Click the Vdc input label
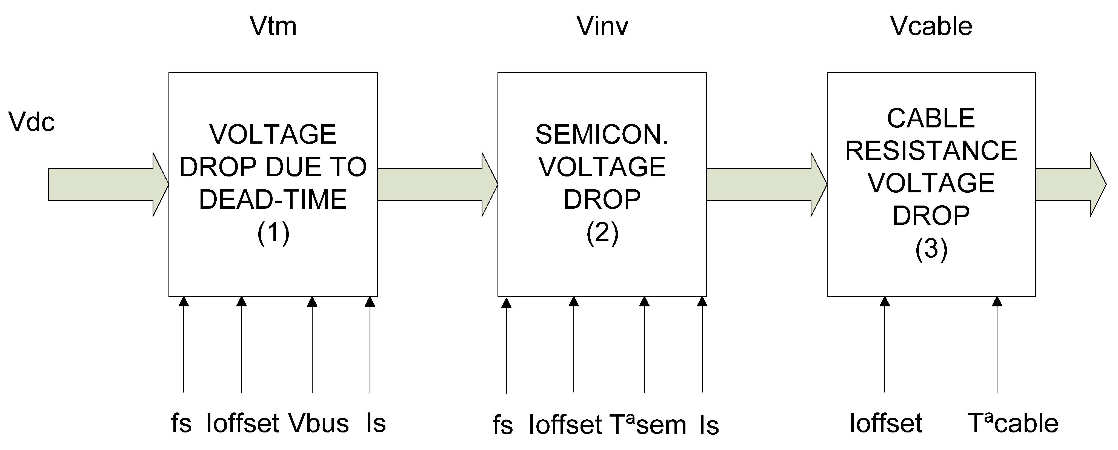pyautogui.click(x=32, y=122)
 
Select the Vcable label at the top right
pyautogui.click(x=931, y=27)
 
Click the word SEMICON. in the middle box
pyautogui.click(x=602, y=134)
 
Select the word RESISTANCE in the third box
pyautogui.click(x=931, y=151)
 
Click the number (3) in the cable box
pyautogui.click(x=931, y=249)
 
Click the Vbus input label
pyautogui.click(x=319, y=423)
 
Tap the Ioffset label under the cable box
pyautogui.click(x=885, y=423)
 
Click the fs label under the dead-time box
pyautogui.click(x=181, y=423)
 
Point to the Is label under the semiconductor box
pyautogui.click(x=709, y=425)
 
